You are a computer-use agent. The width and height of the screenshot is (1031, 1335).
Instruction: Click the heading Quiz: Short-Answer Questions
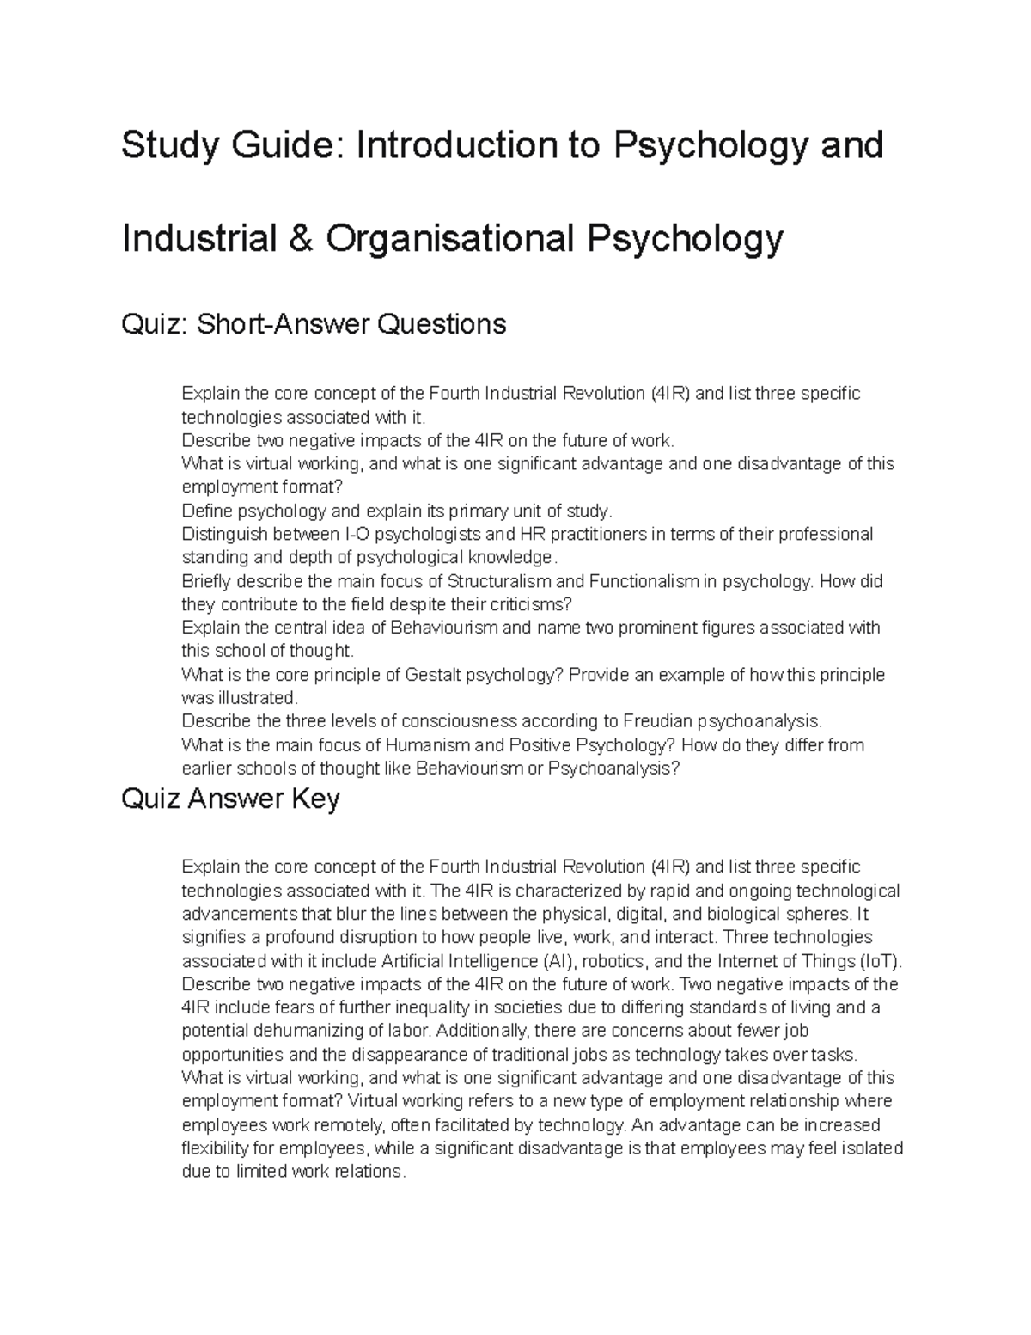[314, 324]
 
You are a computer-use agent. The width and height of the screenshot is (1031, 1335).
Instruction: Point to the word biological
[745, 914]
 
